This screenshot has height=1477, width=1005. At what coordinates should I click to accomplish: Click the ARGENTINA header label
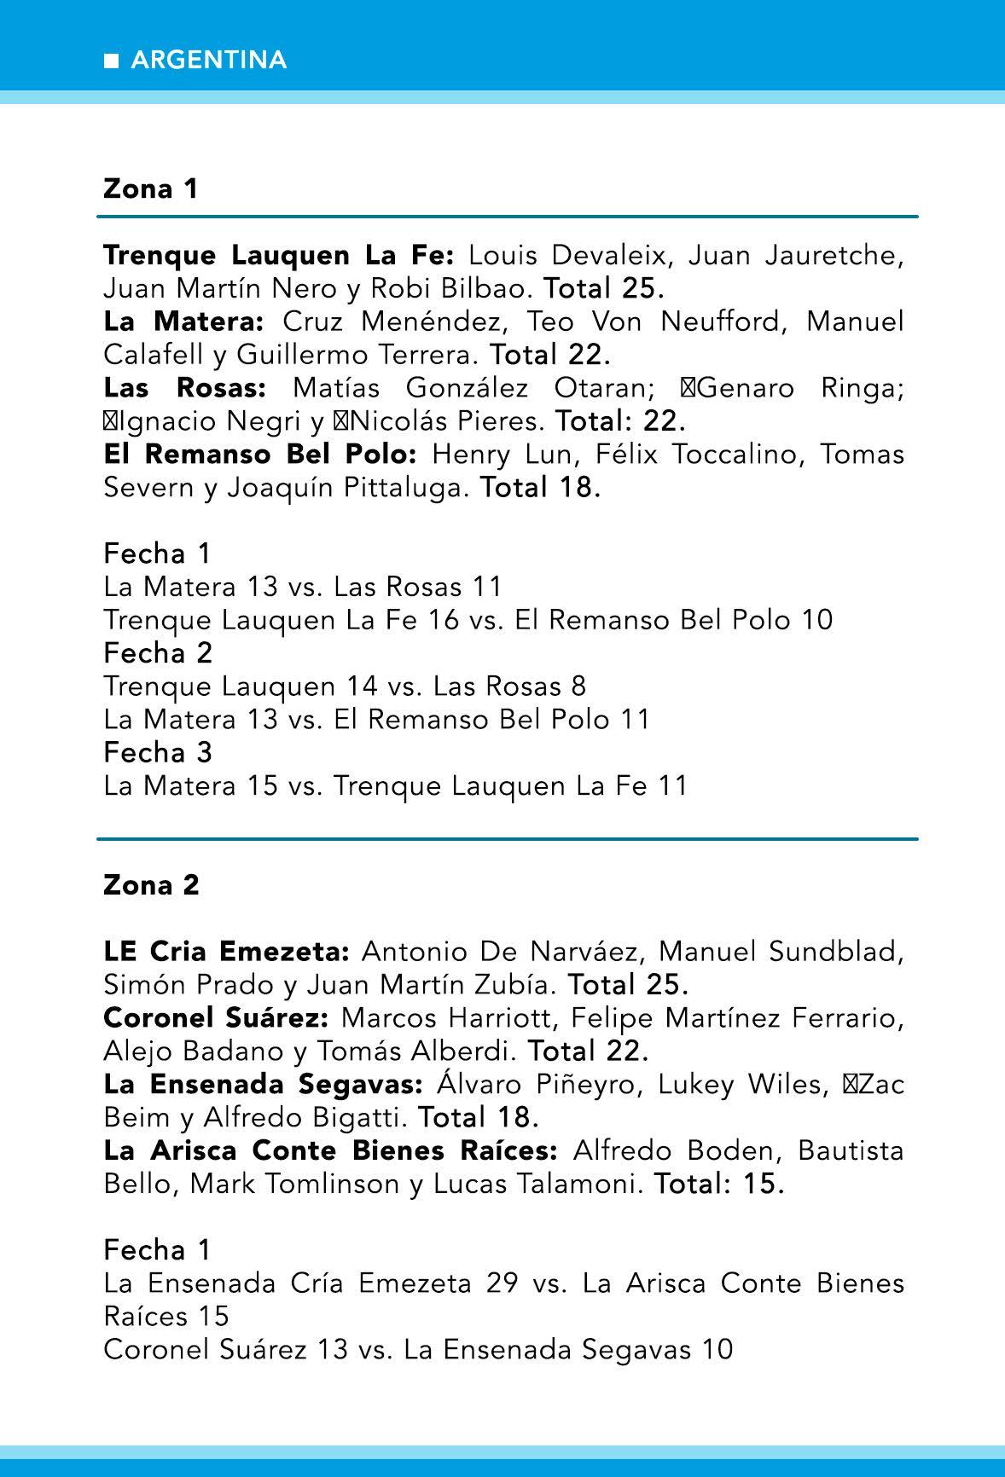click(209, 61)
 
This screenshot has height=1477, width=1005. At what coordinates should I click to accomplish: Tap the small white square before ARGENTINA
click(110, 61)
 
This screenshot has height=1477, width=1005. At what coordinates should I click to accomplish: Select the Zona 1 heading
click(150, 188)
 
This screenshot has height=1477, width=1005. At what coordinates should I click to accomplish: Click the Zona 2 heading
click(151, 885)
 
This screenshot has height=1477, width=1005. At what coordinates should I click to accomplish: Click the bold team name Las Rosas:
click(184, 388)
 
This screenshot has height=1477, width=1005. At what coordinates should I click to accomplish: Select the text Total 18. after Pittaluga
click(541, 488)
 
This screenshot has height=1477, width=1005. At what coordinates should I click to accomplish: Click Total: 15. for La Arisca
click(719, 1184)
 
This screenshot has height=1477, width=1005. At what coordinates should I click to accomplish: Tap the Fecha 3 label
click(158, 752)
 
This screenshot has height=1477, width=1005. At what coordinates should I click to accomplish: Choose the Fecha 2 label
click(158, 653)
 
